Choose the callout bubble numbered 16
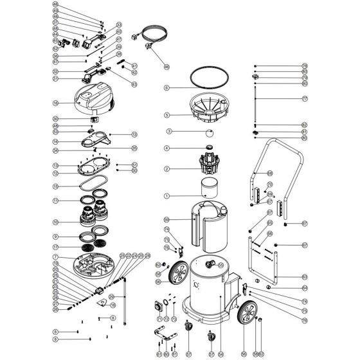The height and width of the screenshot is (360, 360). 56,102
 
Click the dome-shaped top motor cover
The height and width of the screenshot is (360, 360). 93,96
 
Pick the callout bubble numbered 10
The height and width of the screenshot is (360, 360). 56,222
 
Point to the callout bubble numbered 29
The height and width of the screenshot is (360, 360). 112,296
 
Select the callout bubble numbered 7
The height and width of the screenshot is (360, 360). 56,257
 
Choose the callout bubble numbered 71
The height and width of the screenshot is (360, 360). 159,318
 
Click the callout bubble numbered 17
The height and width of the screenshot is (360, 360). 56,246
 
